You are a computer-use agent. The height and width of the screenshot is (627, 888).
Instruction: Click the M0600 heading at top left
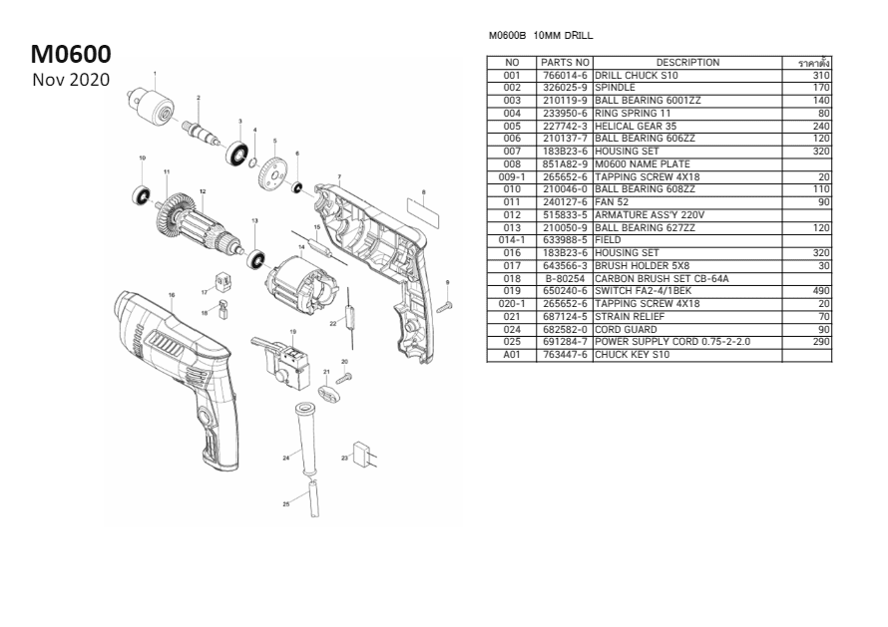tap(71, 53)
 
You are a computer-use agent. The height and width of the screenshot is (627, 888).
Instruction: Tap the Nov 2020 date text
tap(70, 79)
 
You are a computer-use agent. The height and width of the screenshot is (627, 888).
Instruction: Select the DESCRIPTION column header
tap(687, 63)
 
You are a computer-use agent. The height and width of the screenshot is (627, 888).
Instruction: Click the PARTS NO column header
tap(565, 63)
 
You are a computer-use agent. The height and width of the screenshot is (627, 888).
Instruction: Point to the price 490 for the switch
tap(821, 291)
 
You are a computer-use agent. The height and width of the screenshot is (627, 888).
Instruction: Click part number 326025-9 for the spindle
tap(565, 88)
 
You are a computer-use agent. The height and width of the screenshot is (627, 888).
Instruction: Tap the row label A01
tap(512, 355)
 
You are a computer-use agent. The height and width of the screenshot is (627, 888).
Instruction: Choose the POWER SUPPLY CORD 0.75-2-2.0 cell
tap(672, 342)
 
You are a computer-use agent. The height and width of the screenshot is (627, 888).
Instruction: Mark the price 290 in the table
tap(821, 342)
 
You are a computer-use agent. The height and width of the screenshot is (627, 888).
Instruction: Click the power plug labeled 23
tap(364, 457)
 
